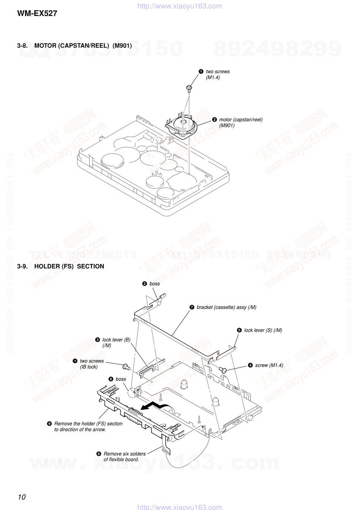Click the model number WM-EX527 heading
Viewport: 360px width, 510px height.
tap(37, 14)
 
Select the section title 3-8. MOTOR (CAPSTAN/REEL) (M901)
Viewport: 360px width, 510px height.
tap(74, 46)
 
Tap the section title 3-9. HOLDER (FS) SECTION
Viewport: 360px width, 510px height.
tap(61, 266)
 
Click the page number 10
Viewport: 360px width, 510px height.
tap(21, 497)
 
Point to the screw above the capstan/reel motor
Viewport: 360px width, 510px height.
tap(189, 88)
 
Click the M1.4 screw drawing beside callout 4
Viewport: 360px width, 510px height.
tap(222, 369)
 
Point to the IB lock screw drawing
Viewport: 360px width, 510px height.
tap(125, 366)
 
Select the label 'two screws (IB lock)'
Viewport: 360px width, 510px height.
tap(91, 364)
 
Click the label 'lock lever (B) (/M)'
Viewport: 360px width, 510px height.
tap(116, 342)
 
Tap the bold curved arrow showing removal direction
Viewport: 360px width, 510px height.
tap(153, 406)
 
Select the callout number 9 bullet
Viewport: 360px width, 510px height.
tap(49, 424)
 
